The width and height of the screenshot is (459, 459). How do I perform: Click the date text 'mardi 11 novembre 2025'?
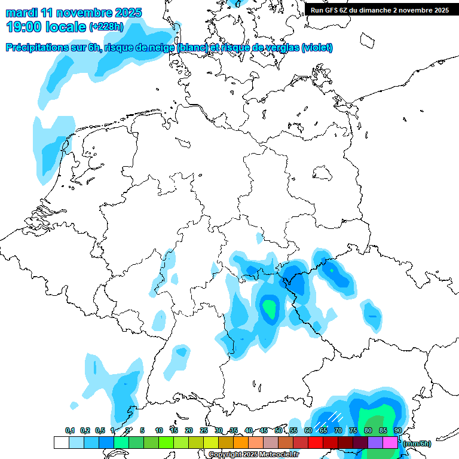pyautogui.click(x=74, y=13)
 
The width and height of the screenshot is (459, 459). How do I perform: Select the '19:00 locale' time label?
pyautogui.click(x=46, y=26)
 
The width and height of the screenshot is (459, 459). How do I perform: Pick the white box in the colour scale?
pyautogui.click(x=61, y=442)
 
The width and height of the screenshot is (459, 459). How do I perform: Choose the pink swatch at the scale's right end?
pyautogui.click(x=390, y=442)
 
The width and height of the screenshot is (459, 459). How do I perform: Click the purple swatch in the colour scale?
pyautogui.click(x=375, y=442)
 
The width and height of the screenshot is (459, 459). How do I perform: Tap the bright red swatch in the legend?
pyautogui.click(x=315, y=442)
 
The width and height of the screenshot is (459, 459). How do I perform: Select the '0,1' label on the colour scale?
pyautogui.click(x=70, y=430)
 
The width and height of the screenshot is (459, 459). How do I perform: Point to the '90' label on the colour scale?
pyautogui.click(x=398, y=430)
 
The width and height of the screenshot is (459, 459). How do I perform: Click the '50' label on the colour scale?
pyautogui.click(x=279, y=430)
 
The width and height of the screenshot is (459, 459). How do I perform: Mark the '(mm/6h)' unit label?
pyautogui.click(x=417, y=443)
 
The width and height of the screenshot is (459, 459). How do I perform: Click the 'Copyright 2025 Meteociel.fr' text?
pyautogui.click(x=253, y=455)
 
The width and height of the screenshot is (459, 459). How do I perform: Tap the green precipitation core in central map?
pyautogui.click(x=271, y=308)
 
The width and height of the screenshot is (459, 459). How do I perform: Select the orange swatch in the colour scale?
pyautogui.click(x=240, y=442)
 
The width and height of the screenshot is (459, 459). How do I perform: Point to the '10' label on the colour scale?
pyautogui.click(x=159, y=430)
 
